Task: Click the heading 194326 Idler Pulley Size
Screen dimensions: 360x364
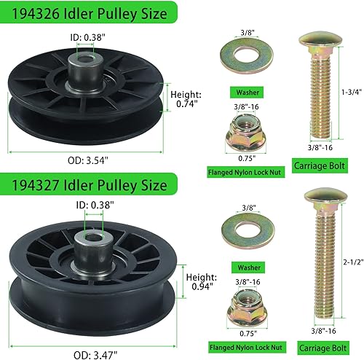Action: [x=91, y=14]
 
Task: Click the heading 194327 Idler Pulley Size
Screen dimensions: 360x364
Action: [x=91, y=181]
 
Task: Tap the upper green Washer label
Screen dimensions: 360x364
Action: [x=244, y=93]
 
